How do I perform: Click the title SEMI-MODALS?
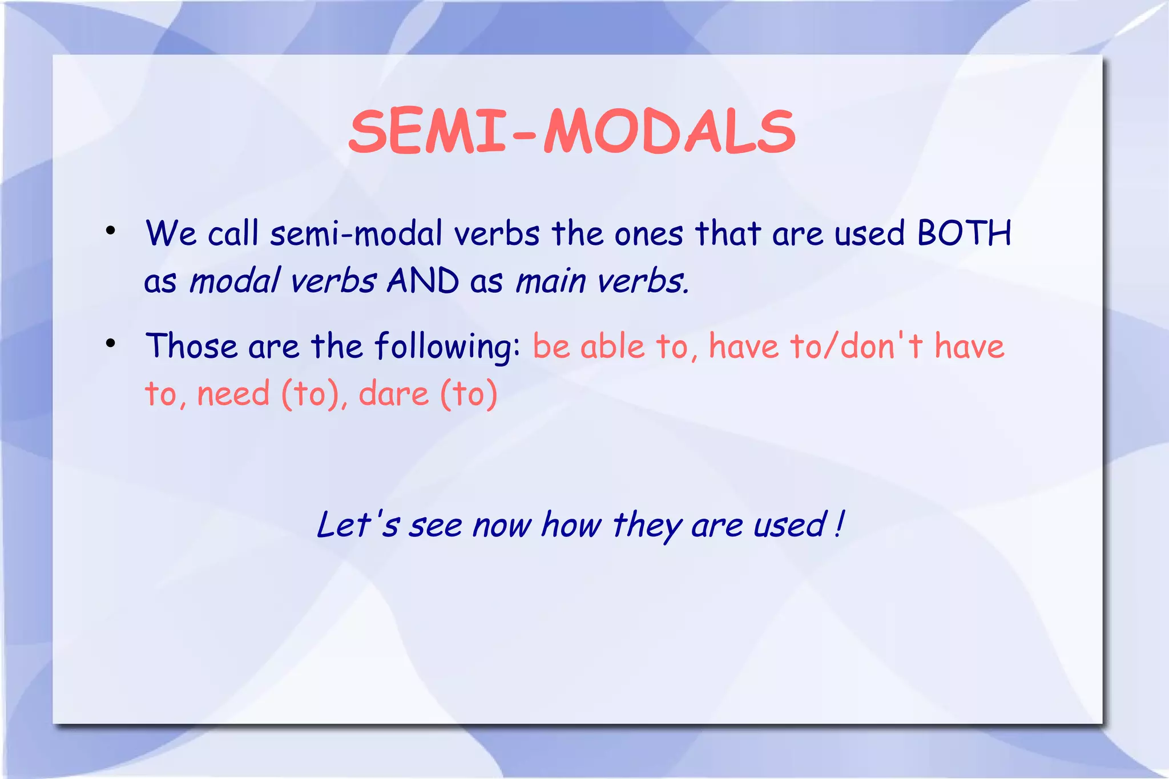click(x=572, y=132)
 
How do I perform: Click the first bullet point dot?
click(x=111, y=231)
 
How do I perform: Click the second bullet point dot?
click(x=111, y=344)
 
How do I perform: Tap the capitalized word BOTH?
click(x=964, y=233)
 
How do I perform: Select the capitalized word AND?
click(x=423, y=281)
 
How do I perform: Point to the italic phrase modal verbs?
click(x=283, y=281)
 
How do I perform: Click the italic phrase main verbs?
click(x=602, y=281)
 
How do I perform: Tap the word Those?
click(x=191, y=346)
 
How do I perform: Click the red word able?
click(x=612, y=346)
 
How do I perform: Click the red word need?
click(x=233, y=394)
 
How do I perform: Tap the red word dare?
click(x=393, y=394)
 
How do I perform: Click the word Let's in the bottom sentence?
click(x=358, y=524)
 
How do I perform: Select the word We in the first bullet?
click(x=171, y=233)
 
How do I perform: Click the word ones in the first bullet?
click(x=648, y=235)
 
